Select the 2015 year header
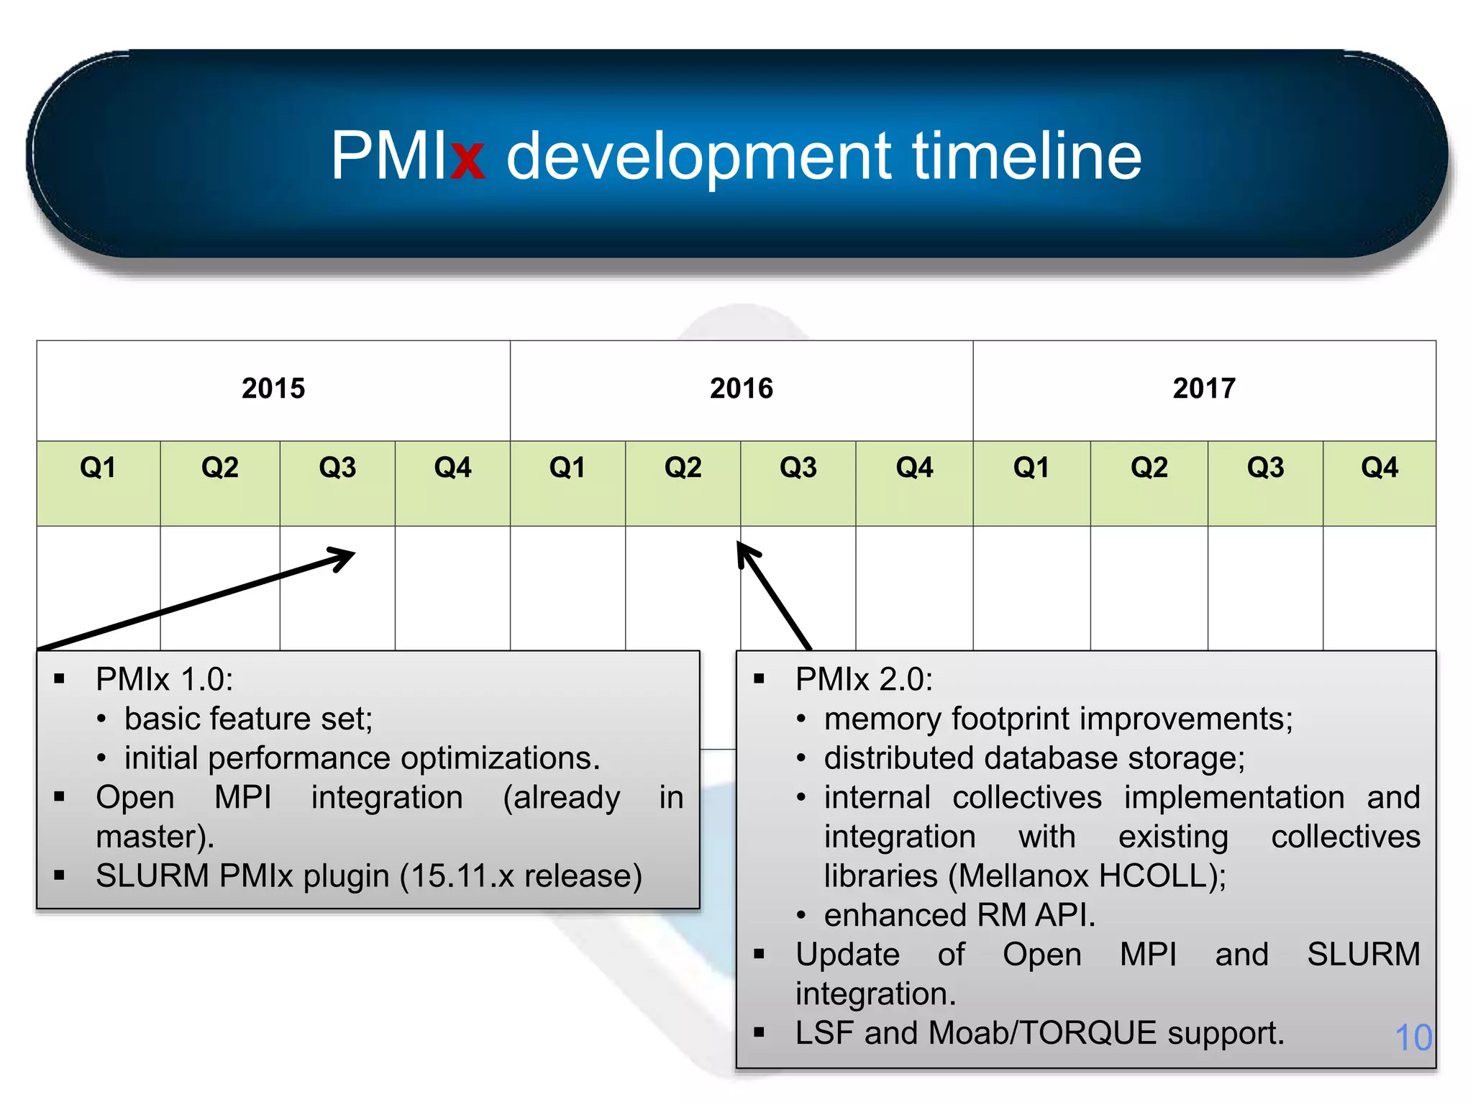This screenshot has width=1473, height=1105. coord(273,388)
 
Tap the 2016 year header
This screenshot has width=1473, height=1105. coord(741,388)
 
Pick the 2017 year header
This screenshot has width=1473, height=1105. coord(1204,388)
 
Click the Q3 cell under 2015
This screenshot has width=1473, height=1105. coord(337,468)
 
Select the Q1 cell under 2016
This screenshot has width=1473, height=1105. coord(567,468)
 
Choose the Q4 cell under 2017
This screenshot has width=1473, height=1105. coord(1379,468)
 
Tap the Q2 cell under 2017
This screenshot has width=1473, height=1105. coord(1149,468)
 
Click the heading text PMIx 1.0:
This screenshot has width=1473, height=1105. coord(165,680)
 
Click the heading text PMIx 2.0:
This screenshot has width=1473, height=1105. coord(864,680)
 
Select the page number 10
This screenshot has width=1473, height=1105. coord(1413,1037)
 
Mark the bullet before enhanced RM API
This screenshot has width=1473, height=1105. coord(801,916)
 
